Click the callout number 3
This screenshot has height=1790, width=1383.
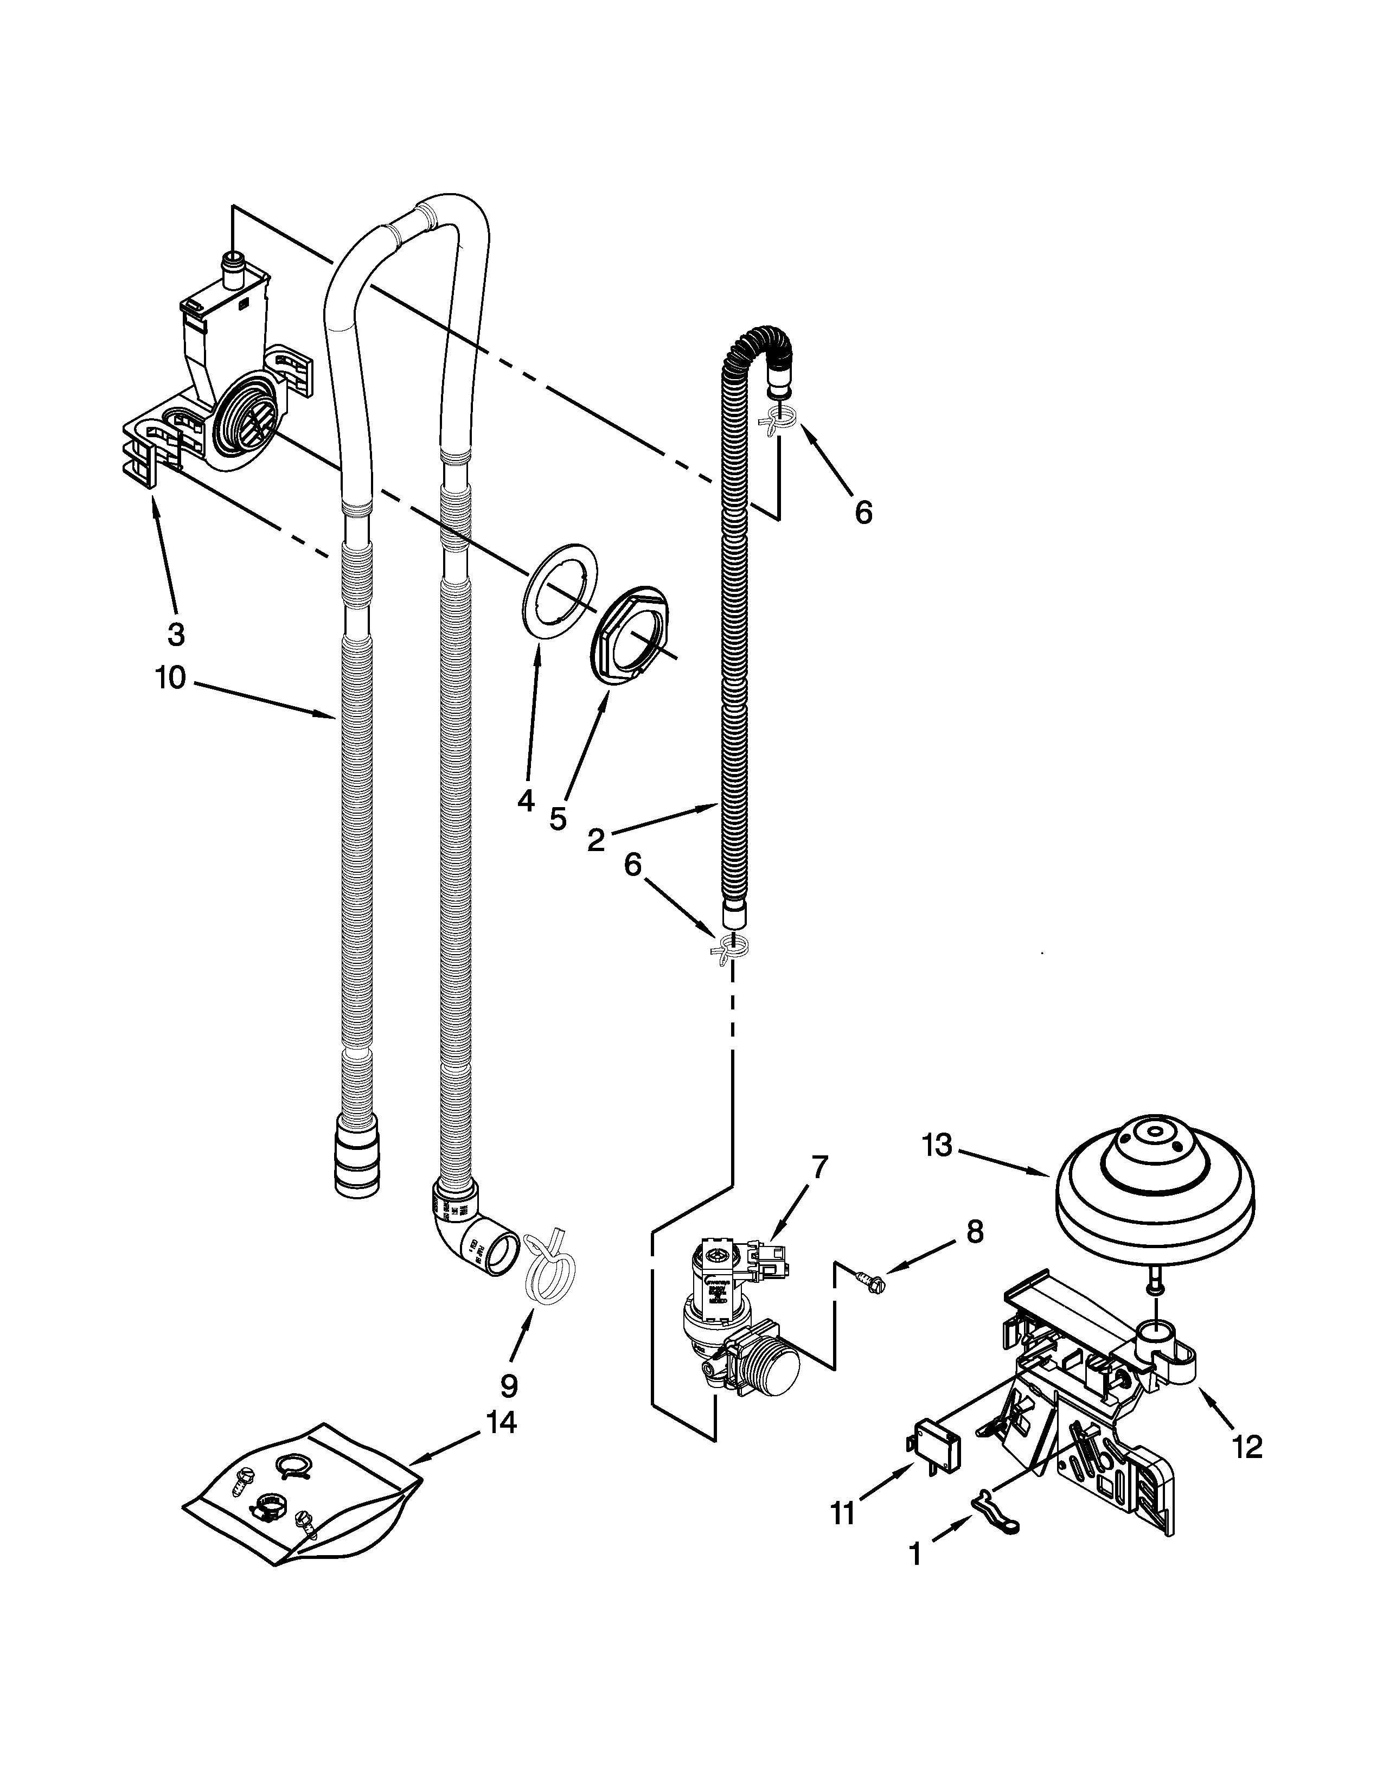click(175, 632)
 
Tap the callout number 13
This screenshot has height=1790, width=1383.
click(937, 1145)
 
